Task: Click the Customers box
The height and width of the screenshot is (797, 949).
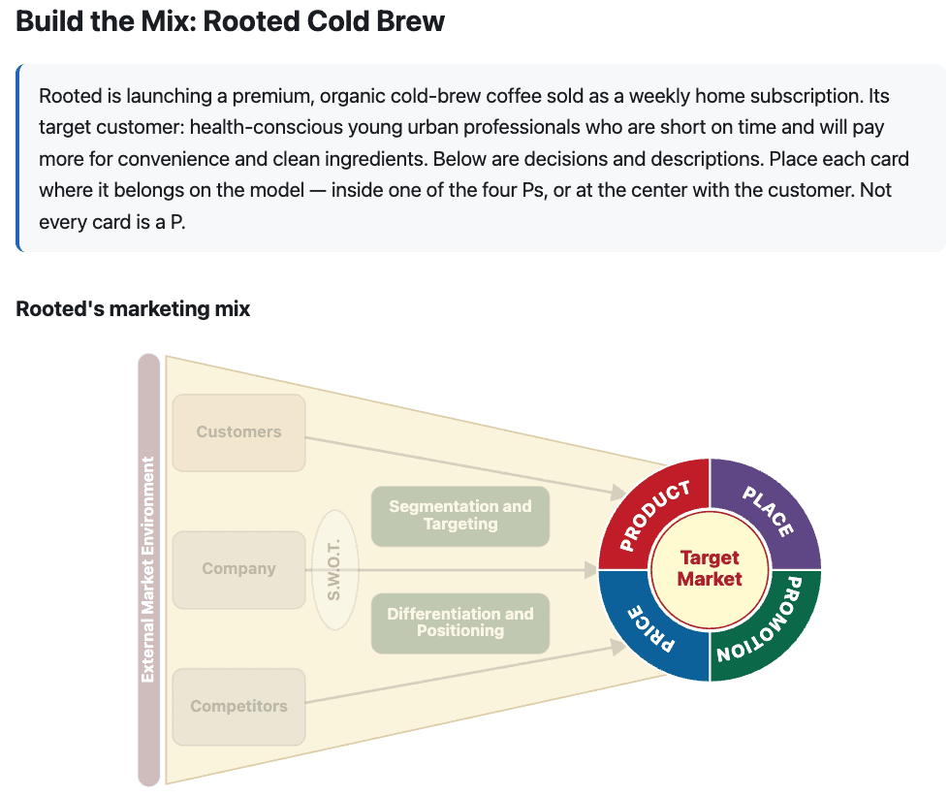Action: click(238, 432)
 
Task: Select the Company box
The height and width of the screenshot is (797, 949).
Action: click(238, 569)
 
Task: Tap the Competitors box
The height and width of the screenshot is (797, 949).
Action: click(238, 706)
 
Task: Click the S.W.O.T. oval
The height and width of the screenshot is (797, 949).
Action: click(334, 569)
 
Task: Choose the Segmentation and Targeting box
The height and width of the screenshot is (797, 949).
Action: click(460, 516)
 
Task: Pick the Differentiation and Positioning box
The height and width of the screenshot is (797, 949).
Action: click(460, 622)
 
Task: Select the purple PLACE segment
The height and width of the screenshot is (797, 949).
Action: click(769, 512)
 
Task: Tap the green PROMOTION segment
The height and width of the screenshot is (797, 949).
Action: click(769, 629)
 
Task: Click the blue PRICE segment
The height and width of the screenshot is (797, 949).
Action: click(650, 629)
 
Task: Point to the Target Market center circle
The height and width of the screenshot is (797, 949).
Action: click(710, 569)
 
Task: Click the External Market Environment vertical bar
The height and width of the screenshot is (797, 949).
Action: click(149, 569)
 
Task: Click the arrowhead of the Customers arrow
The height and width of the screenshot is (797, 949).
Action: click(618, 493)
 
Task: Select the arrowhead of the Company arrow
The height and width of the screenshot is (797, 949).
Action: click(590, 569)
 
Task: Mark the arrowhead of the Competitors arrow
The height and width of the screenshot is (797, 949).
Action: click(618, 647)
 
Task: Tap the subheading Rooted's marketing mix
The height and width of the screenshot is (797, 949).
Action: click(133, 308)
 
